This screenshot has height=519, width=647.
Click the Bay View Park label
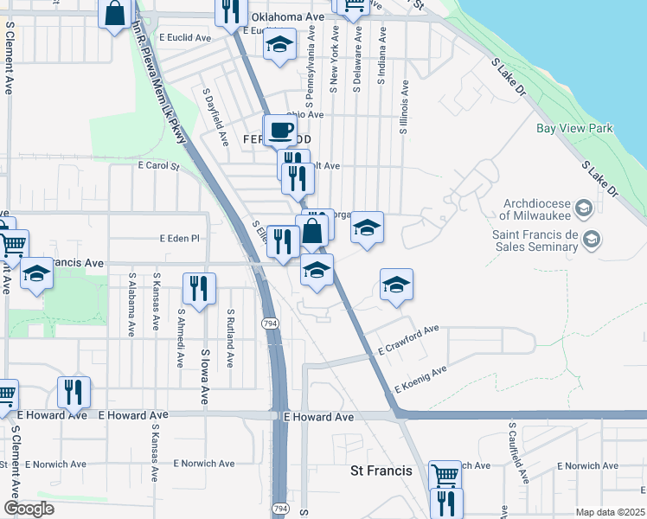pos(573,129)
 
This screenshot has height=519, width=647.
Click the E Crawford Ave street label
pos(408,341)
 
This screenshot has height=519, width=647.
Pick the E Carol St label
pos(157,165)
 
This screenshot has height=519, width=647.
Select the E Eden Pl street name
pos(180,238)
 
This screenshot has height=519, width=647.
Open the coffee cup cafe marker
pos(279,131)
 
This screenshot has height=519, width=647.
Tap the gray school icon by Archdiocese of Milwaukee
pos(583,208)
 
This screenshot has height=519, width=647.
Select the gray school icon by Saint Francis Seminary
pos(592,240)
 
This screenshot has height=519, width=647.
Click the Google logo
pos(29,509)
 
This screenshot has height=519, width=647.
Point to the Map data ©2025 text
pos(609,512)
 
